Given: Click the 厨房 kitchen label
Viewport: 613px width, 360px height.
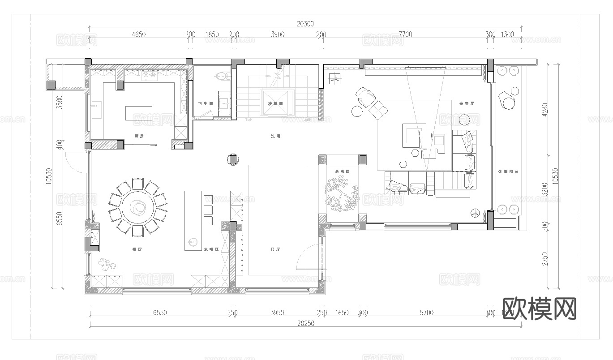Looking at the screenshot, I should (139, 136).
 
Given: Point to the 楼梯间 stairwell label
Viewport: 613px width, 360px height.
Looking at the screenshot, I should (275, 103).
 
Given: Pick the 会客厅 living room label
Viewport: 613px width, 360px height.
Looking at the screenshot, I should (466, 103).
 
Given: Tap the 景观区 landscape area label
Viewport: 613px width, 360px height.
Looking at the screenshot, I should (342, 171).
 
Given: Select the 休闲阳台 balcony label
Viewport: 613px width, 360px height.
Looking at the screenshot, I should (508, 171).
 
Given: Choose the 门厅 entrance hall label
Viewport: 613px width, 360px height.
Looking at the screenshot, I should (275, 249).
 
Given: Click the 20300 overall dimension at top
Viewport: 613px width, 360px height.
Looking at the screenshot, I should (305, 24).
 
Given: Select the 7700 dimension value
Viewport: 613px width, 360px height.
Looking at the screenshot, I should (405, 34).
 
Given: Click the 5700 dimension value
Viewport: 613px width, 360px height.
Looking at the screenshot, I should (426, 313).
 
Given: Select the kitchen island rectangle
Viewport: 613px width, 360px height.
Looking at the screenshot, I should (139, 113).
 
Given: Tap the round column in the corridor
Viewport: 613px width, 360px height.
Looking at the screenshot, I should (233, 159).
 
